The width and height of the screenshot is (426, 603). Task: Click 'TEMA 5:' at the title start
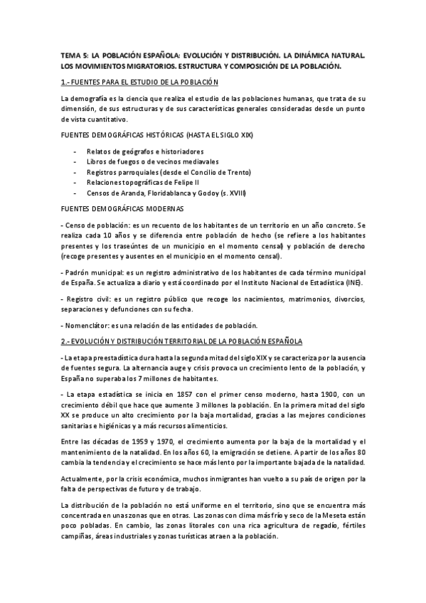click(74, 55)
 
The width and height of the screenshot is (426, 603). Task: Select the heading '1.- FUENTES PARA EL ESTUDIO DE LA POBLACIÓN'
click(139, 82)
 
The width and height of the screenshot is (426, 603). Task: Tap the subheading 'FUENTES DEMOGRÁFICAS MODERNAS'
click(122, 208)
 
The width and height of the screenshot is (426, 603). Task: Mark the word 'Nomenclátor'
click(86, 325)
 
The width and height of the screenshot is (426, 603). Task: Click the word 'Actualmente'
click(84, 478)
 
